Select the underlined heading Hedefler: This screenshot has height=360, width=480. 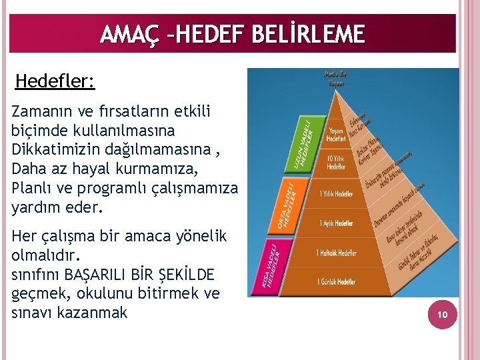55,82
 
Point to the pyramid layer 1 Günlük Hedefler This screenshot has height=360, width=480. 336,282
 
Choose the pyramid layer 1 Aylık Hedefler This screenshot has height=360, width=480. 336,223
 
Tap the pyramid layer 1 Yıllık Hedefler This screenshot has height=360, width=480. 336,193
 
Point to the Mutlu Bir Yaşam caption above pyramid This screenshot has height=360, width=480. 335,79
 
